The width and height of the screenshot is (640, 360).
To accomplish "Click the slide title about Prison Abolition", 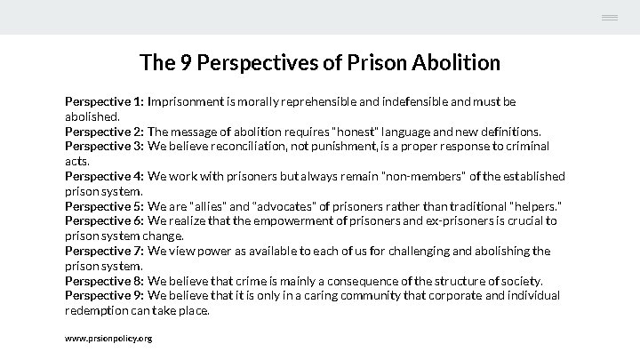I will point(320,63).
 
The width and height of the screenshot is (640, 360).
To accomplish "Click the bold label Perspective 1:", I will point(104,102).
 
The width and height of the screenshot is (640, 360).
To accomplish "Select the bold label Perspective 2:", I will point(104,132).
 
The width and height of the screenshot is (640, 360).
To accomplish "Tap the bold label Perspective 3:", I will point(104,146).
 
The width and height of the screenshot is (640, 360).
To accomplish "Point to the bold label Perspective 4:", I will point(104,176).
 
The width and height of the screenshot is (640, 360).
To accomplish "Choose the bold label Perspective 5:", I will point(104,206).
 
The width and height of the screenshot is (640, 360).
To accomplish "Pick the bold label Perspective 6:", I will point(104,220).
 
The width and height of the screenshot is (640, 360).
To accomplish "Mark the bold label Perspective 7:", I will point(104,251).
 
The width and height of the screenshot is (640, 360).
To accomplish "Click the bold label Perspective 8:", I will point(104,281).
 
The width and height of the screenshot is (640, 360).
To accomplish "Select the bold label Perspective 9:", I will point(104,295).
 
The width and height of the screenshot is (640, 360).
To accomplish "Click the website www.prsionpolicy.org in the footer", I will point(108,339).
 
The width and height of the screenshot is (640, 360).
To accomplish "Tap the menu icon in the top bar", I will point(609,18).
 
